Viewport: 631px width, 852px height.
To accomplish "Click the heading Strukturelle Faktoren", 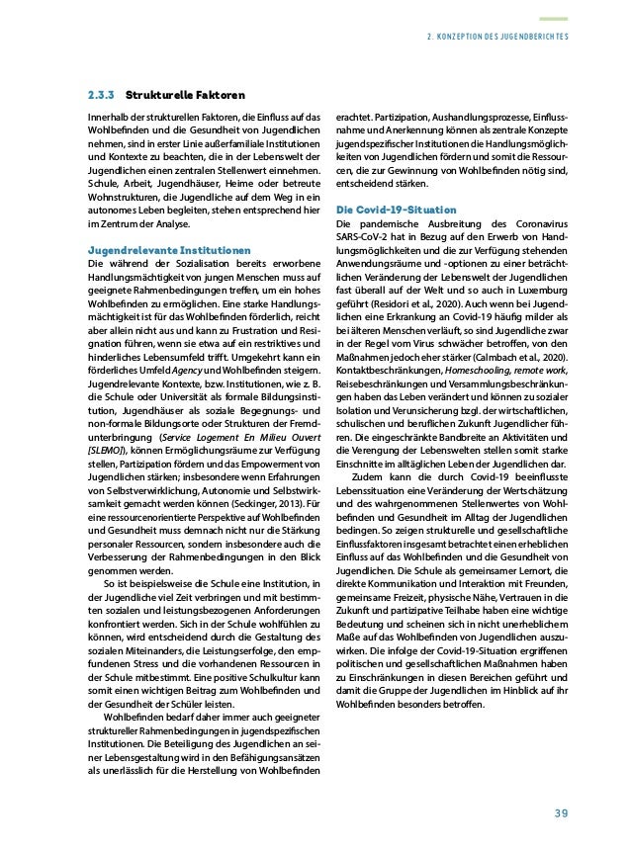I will click(174, 96).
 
